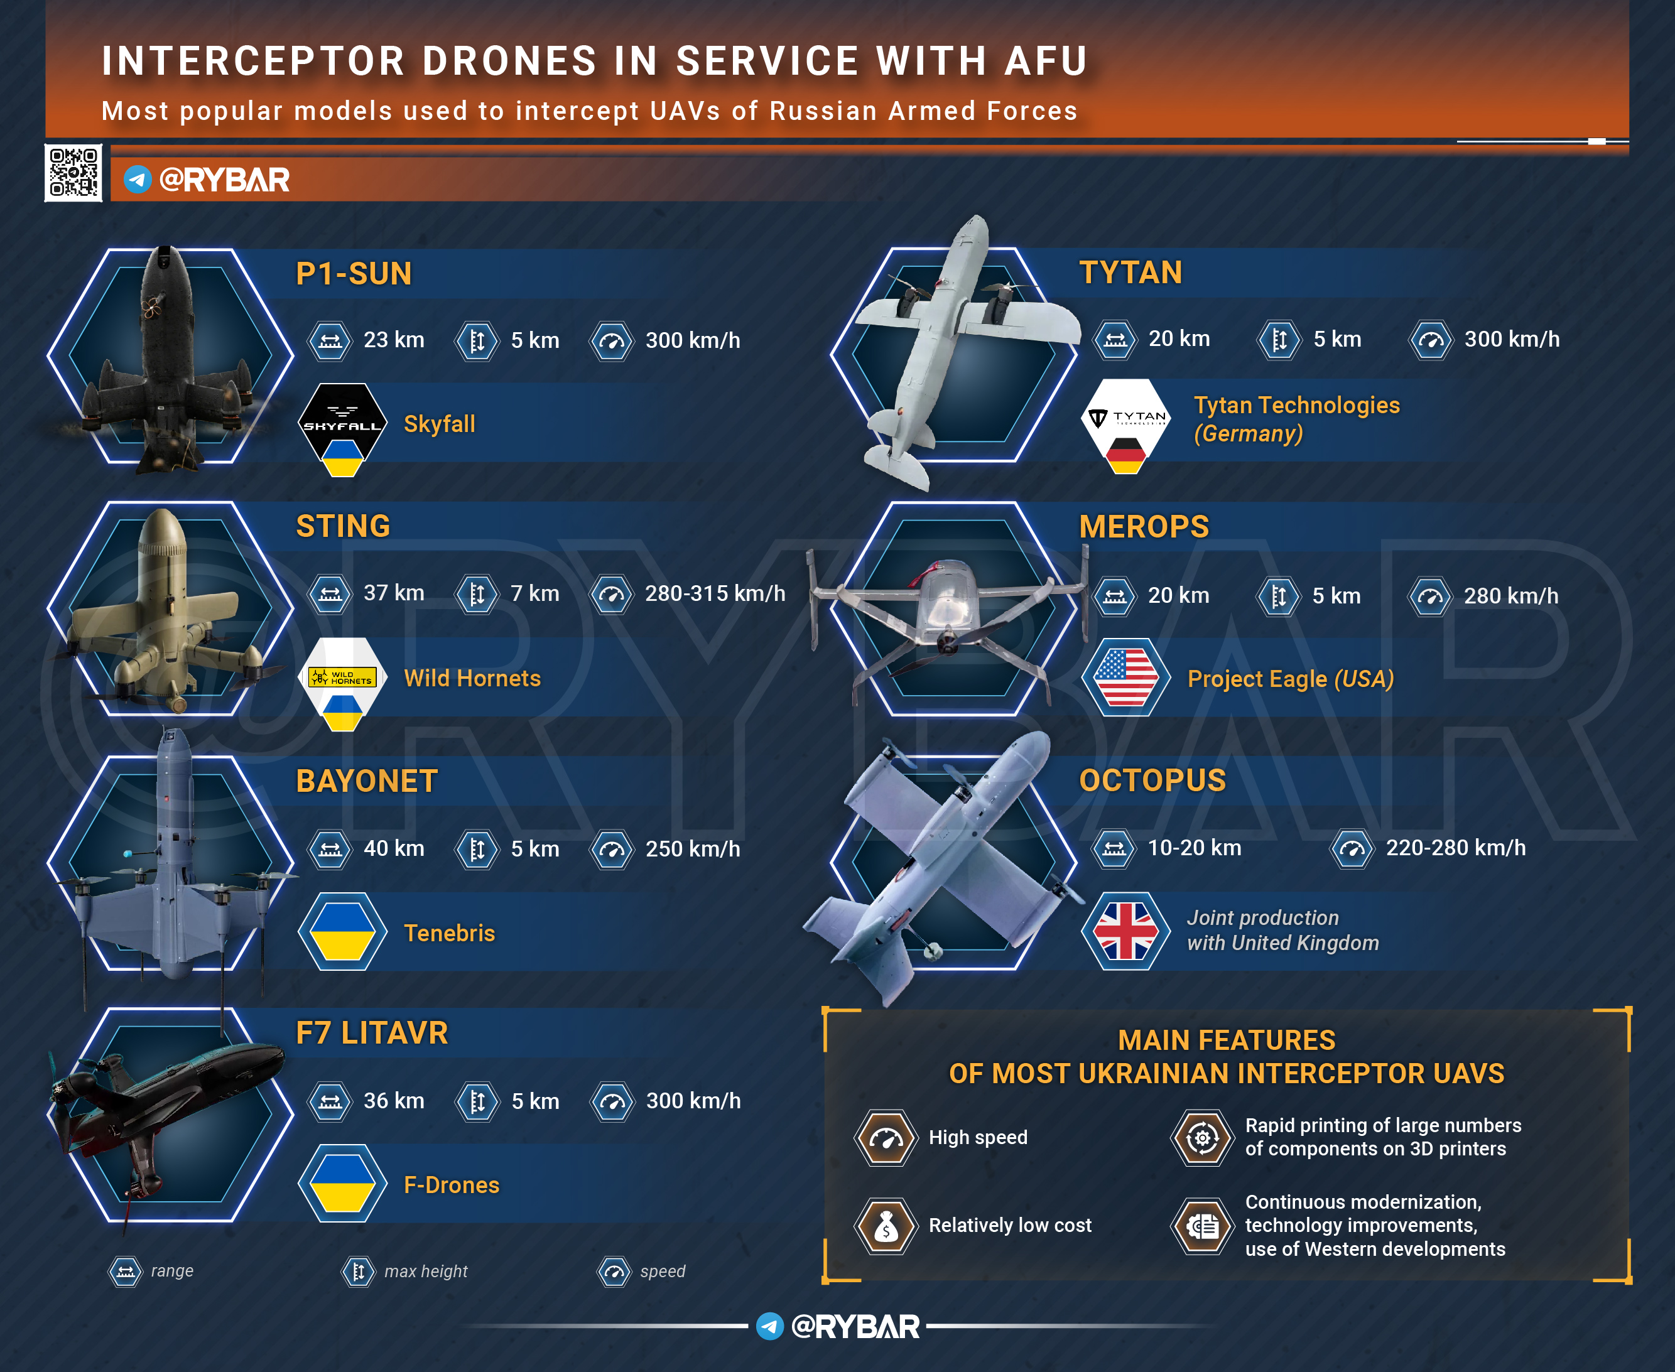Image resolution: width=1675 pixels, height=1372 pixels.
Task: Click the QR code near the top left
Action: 73,172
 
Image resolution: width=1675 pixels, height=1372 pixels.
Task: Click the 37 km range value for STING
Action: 394,593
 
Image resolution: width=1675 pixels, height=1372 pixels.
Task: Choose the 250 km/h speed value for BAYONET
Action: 693,849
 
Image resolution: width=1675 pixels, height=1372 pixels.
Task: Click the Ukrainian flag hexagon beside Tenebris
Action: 342,932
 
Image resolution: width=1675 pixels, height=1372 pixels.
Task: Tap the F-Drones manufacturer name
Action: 452,1185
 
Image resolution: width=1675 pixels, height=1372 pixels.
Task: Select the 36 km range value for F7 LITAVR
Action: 394,1101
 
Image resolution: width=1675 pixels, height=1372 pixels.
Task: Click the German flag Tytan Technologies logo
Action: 1125,424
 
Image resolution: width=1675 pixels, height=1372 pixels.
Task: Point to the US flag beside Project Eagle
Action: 1125,678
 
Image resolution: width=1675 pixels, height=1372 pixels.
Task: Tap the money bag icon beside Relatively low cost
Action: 886,1226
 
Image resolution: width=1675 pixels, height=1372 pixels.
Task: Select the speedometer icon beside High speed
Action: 886,1138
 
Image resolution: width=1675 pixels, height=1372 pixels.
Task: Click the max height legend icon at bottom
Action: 358,1272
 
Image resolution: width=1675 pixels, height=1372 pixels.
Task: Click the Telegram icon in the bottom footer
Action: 770,1326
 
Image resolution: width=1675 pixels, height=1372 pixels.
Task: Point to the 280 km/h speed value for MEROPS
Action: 1510,596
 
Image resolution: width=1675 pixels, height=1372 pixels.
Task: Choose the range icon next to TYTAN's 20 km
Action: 1115,340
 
